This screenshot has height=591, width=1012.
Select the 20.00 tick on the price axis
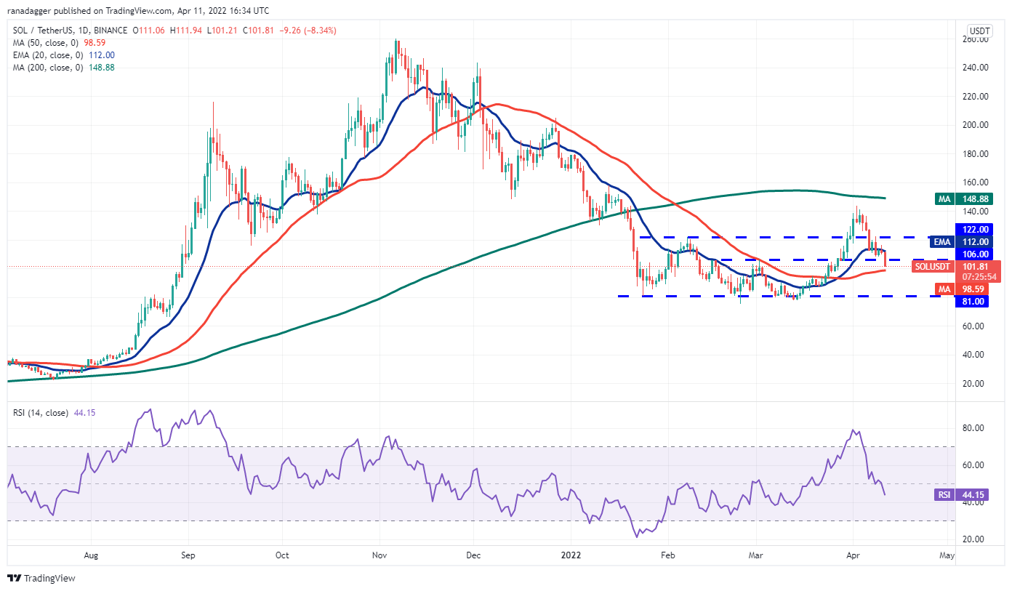975,383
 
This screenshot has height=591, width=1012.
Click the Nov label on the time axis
379,555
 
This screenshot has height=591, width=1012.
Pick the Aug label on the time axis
91,555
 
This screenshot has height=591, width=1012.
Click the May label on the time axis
946,555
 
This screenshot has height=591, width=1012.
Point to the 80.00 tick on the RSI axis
975,428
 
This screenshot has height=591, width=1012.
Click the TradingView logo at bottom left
42,578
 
